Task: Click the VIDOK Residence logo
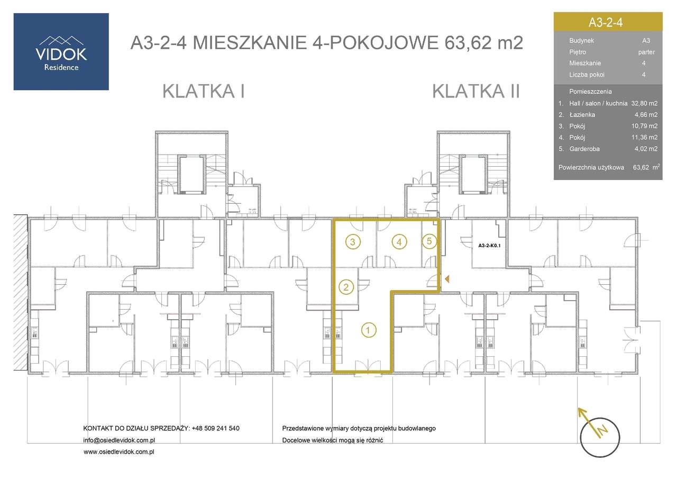61,51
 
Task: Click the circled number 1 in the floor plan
369,330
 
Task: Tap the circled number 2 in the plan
345,287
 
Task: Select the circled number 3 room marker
353,242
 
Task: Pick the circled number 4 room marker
399,242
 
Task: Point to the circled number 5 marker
429,241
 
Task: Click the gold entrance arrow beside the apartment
447,278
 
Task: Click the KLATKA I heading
203,91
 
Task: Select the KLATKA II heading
476,91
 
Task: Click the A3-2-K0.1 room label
489,246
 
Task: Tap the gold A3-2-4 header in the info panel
608,22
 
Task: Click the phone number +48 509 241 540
216,428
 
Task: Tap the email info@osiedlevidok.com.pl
119,440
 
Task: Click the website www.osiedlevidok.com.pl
119,452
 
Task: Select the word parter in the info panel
646,52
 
